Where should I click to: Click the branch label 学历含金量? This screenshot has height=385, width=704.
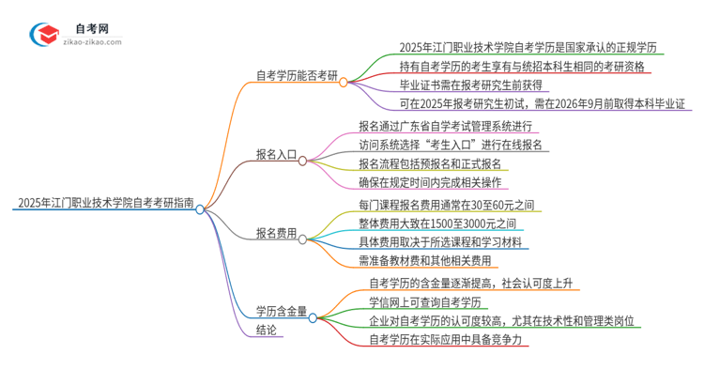[282, 311]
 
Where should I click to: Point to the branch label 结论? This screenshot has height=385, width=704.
[267, 330]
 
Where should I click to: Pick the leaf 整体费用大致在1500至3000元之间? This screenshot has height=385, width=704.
[438, 223]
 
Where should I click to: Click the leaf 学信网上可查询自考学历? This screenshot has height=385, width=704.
[425, 301]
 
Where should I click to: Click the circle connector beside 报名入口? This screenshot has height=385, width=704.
[302, 161]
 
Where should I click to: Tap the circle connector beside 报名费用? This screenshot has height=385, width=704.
[302, 240]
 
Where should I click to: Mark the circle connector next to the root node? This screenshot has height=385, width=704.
[200, 210]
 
